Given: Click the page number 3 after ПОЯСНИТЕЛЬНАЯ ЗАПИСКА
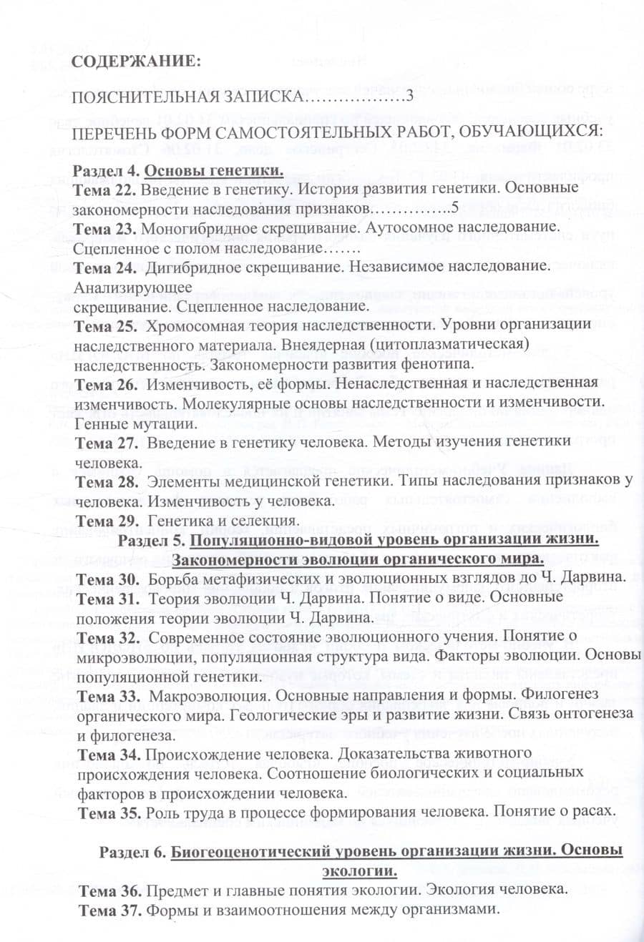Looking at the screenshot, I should (410, 97).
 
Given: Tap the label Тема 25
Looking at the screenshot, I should (105, 325).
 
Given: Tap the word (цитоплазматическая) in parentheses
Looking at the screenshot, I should (456, 345).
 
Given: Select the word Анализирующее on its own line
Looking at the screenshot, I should (132, 287).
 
